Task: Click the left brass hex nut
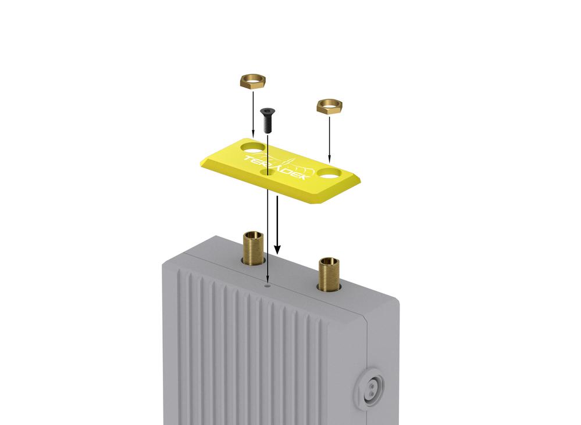[253, 82]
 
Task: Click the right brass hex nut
[329, 106]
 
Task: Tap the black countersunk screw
[267, 121]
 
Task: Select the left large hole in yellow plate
[253, 147]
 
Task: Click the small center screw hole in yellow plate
[268, 172]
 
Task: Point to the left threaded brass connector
[253, 247]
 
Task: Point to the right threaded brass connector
[329, 273]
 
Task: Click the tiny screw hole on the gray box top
[268, 286]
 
